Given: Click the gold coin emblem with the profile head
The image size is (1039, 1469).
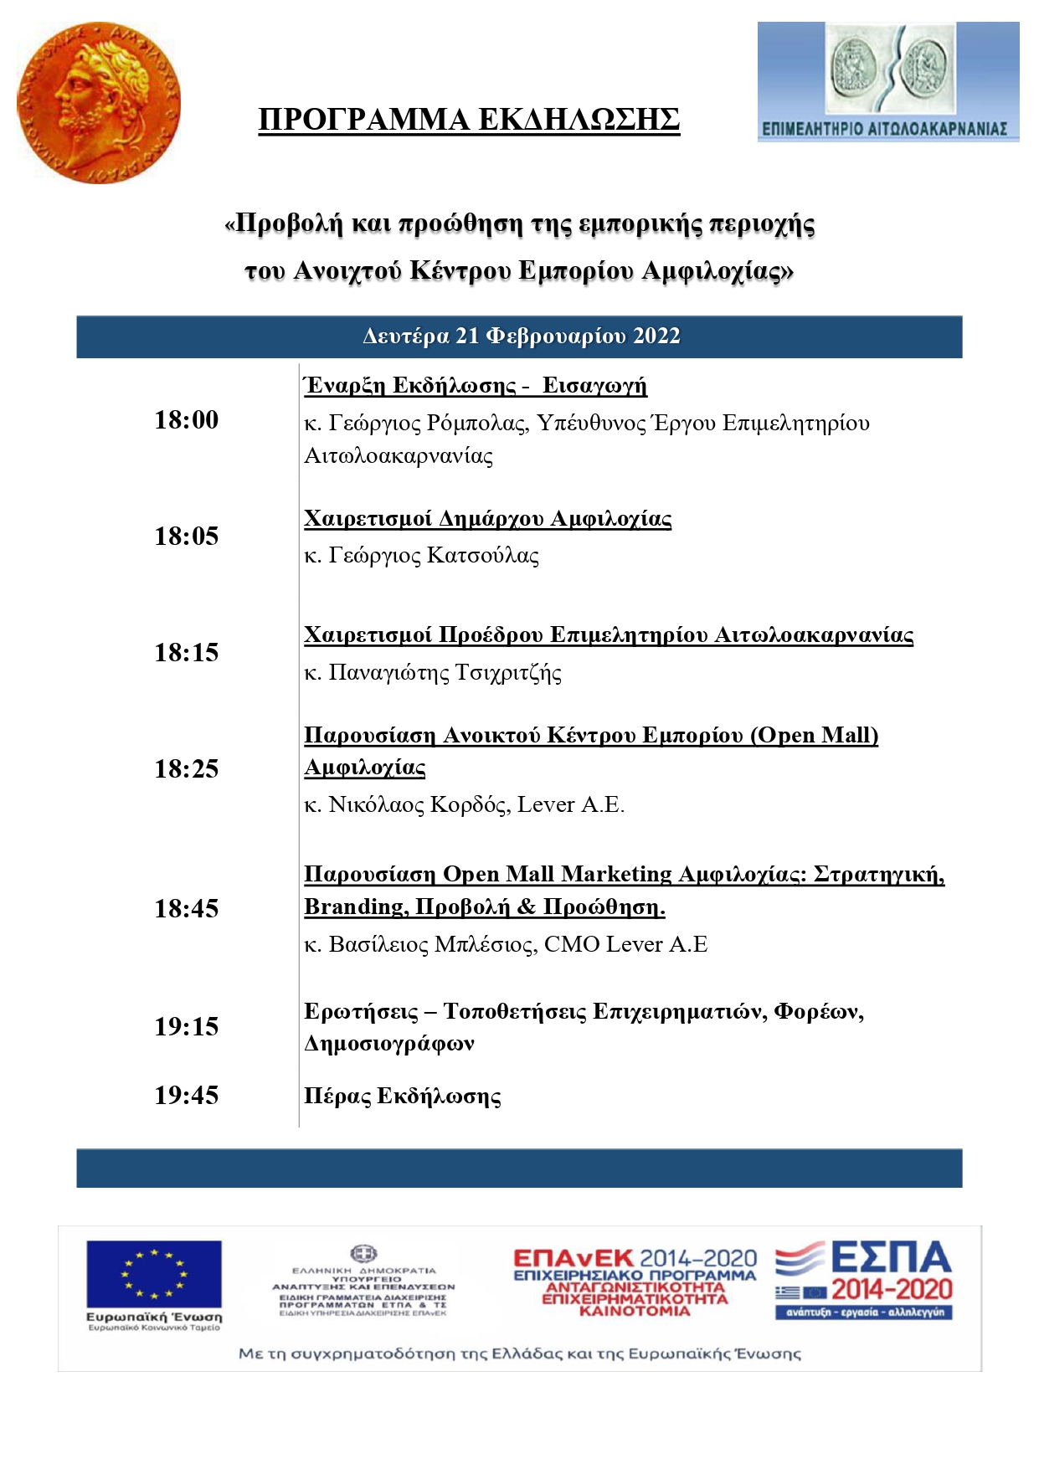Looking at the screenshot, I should [98, 102].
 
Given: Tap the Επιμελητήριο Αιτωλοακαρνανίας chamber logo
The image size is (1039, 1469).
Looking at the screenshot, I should [887, 82].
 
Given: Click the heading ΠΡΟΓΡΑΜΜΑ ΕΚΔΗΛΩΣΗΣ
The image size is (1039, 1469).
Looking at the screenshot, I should [469, 120].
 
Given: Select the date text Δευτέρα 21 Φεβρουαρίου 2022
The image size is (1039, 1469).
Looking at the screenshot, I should [521, 336].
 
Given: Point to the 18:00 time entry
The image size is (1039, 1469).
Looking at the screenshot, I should [186, 419].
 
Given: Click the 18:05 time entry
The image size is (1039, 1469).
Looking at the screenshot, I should [186, 536].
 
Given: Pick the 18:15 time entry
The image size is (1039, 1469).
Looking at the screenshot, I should [186, 652].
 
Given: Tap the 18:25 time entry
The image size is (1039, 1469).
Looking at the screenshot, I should [186, 768].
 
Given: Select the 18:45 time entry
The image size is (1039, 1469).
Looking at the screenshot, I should [186, 908].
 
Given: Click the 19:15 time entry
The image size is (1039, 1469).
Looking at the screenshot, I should [186, 1026].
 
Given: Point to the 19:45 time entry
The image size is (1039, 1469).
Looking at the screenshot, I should [186, 1095].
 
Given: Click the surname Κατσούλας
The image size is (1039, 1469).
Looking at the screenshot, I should [483, 556].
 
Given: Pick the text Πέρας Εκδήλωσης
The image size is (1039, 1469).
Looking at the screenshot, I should [402, 1097].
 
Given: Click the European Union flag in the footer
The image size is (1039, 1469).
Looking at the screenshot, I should [154, 1275].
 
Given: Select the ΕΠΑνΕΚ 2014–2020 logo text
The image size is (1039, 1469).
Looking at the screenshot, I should [635, 1258].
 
